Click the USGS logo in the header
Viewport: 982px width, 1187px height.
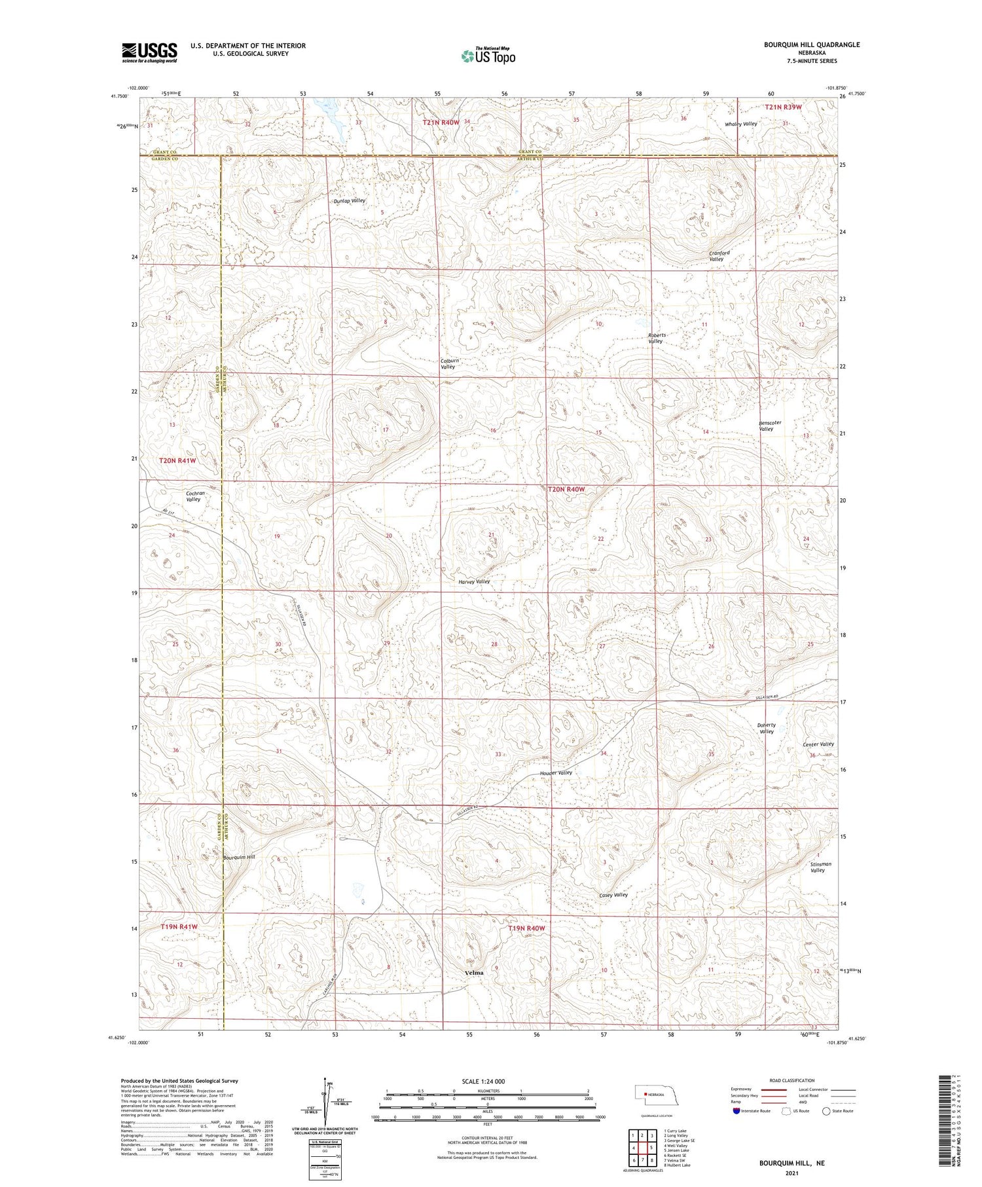coord(149,52)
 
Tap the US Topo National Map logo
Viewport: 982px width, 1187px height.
coord(488,56)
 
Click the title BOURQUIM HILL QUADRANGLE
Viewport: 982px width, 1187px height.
coord(811,45)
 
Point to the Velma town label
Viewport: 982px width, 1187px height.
coord(473,972)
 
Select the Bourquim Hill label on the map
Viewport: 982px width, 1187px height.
coord(239,857)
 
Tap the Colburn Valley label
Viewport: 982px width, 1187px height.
coord(448,363)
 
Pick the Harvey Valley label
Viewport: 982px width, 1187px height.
coord(474,581)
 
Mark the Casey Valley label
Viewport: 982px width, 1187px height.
coord(613,894)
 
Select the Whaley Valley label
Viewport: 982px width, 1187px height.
coord(740,124)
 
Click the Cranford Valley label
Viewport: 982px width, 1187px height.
coord(718,255)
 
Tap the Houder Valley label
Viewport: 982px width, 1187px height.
coord(556,773)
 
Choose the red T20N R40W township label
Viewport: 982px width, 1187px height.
coord(566,489)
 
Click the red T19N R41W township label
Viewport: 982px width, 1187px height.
coord(179,927)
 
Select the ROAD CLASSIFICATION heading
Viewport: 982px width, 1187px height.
coord(791,1080)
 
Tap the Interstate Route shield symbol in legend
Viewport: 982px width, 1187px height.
coord(736,1111)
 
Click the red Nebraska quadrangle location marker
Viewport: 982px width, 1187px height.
coord(646,1094)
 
